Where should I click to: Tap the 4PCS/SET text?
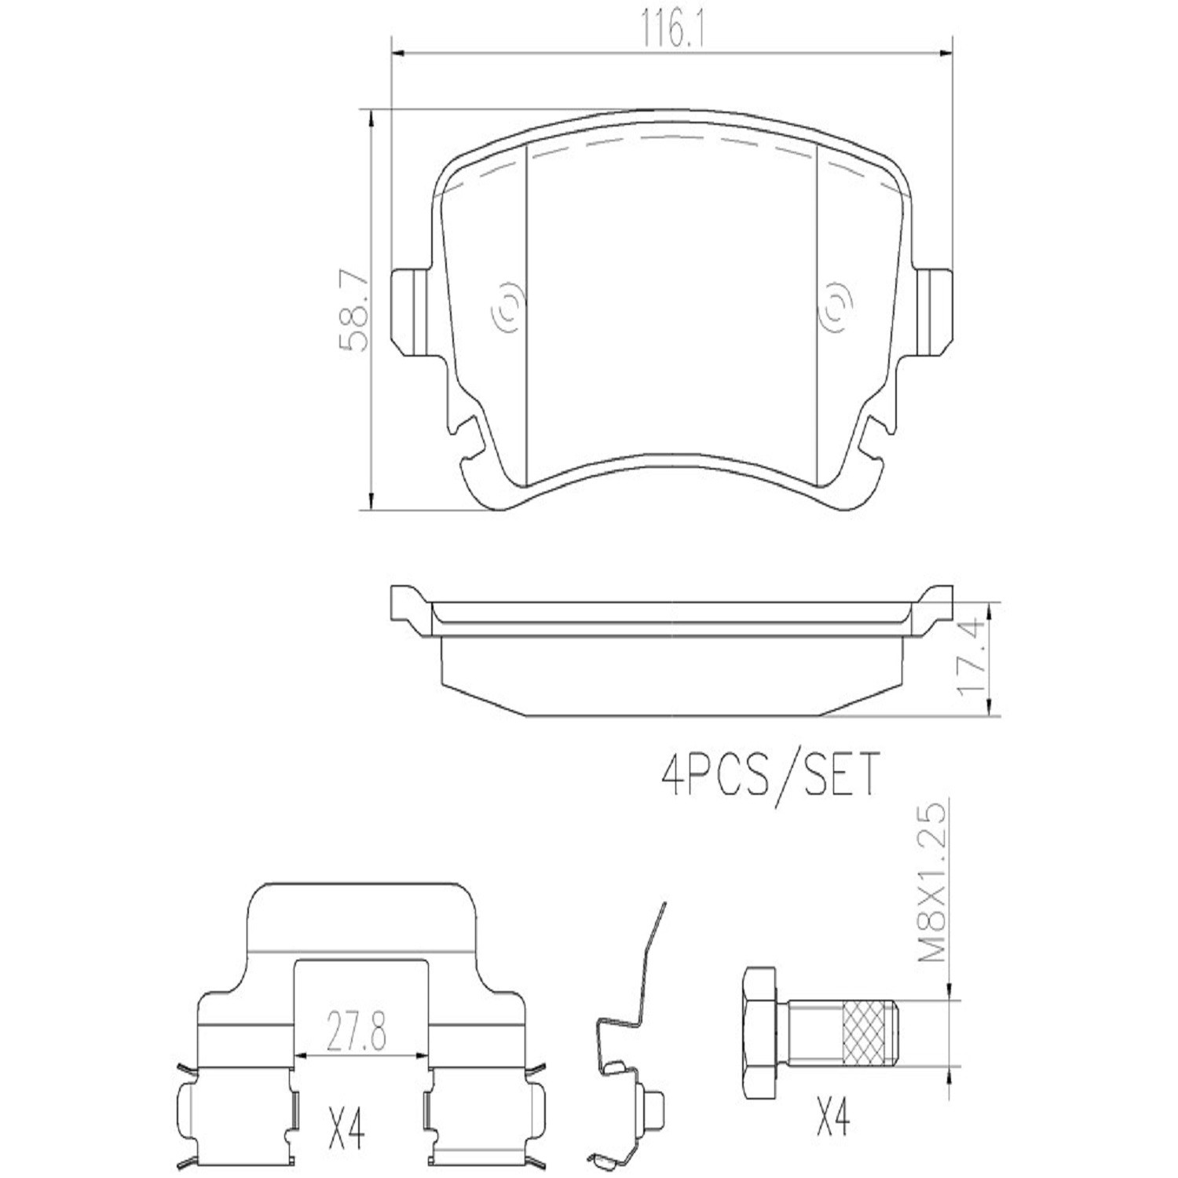(x=769, y=774)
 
